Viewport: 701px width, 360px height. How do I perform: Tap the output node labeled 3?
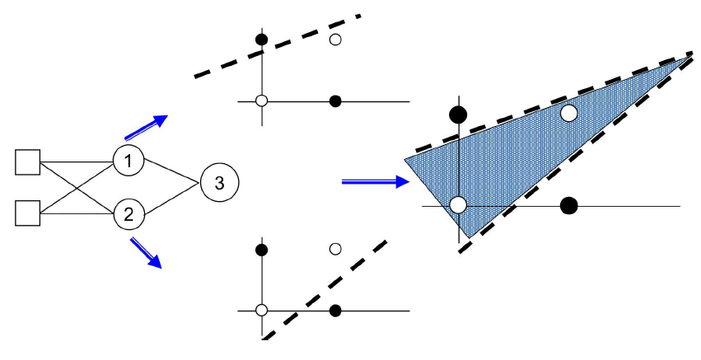[218, 182]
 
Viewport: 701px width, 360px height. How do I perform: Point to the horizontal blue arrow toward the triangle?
[374, 181]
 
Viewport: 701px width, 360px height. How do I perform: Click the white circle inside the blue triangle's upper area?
[568, 114]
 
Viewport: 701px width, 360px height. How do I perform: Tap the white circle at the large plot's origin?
[458, 205]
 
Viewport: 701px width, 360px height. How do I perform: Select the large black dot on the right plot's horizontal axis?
[568, 205]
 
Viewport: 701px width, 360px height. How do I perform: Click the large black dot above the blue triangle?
[458, 114]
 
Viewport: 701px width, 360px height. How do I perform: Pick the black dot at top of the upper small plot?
[262, 39]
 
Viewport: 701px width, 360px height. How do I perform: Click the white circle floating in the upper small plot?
[334, 39]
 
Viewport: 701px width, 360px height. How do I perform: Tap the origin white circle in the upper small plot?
[262, 101]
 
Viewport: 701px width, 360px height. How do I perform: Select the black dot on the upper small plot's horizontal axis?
[334, 101]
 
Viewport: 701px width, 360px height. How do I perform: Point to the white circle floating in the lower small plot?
[334, 248]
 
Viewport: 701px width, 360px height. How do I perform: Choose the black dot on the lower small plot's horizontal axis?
[334, 311]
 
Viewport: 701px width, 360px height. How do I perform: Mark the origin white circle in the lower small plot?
[262, 311]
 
